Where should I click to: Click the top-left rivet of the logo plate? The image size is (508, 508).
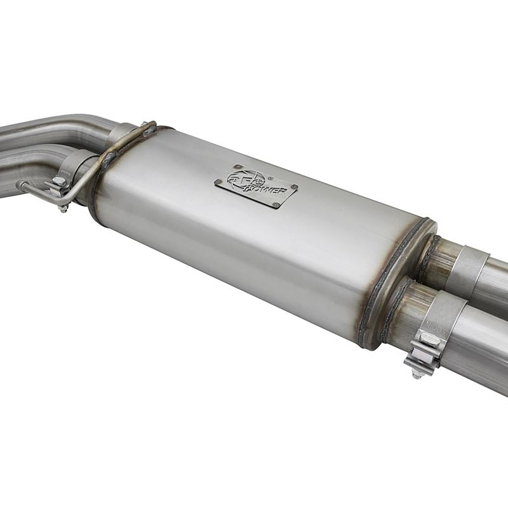pos(236,168)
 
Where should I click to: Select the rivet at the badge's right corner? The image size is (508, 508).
pos(294,188)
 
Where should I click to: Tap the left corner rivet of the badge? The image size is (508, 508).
pos(218,184)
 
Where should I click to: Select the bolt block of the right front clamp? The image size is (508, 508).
pos(424,347)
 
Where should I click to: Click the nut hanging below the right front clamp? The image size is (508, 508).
pos(418,373)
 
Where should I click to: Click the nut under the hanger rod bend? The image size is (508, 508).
pos(63,207)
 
